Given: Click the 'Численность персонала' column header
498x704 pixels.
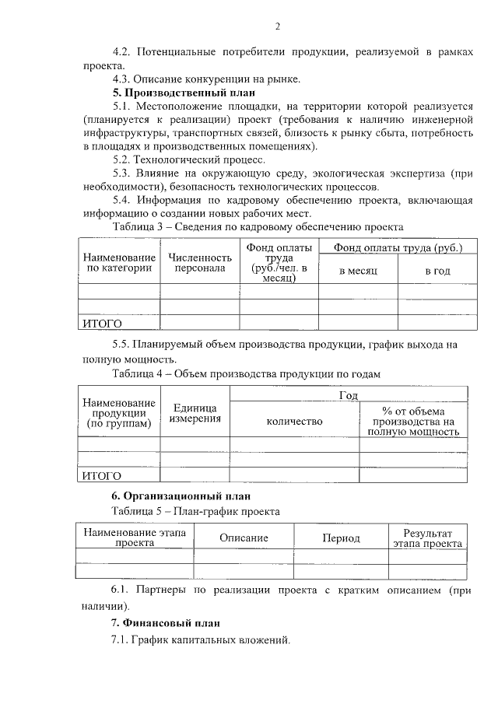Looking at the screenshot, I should pyautogui.click(x=200, y=263).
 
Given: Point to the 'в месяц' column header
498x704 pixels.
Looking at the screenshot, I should pyautogui.click(x=358, y=271).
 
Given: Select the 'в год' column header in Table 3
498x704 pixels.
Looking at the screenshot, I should pyautogui.click(x=437, y=271).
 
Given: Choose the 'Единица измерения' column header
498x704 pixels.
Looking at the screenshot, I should pyautogui.click(x=195, y=413).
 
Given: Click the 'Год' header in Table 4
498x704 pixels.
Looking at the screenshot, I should pyautogui.click(x=349, y=395).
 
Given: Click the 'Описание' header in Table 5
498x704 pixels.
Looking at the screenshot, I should pyautogui.click(x=244, y=538).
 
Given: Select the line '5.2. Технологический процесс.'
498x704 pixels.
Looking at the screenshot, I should pyautogui.click(x=189, y=159).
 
